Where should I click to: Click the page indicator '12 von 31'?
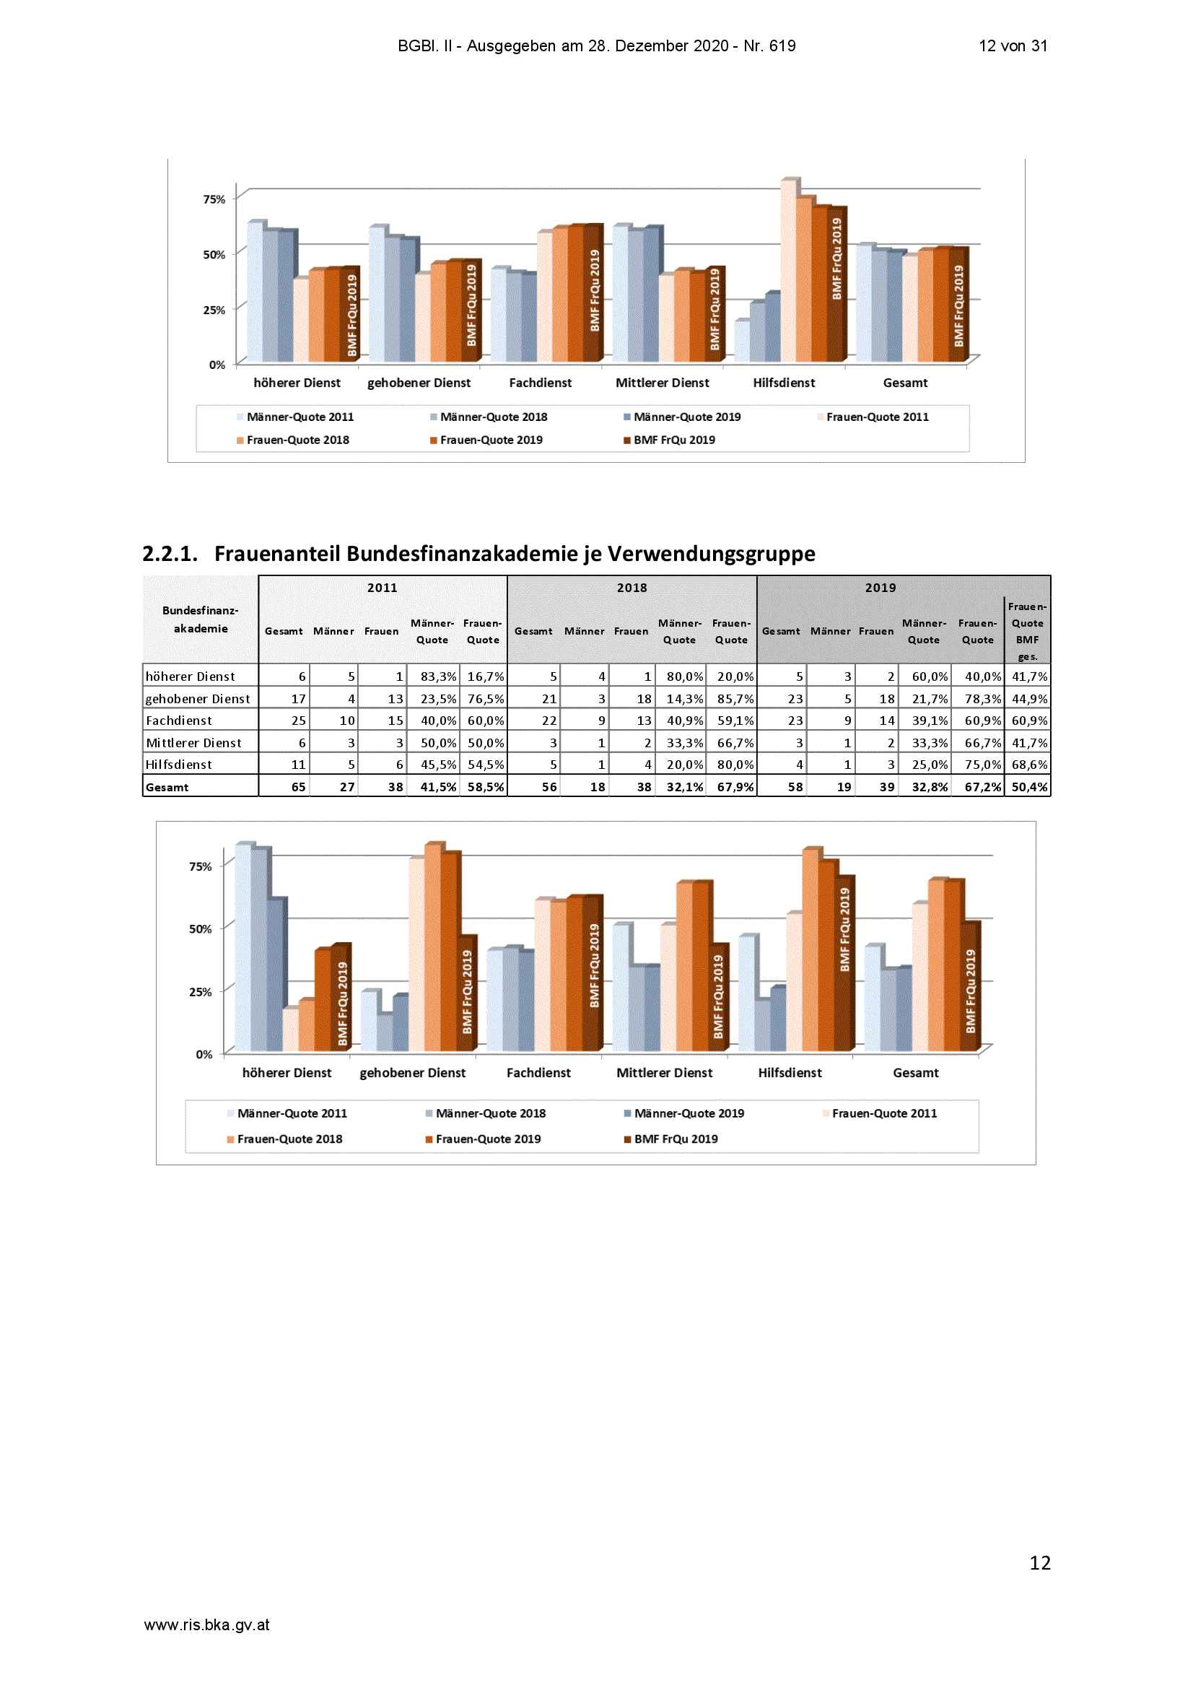point(1012,45)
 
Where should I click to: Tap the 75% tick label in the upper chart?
point(214,199)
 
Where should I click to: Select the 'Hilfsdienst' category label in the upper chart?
point(784,383)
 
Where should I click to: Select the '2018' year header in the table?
point(632,588)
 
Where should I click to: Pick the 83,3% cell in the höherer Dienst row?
point(438,676)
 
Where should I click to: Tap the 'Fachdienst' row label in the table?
point(178,721)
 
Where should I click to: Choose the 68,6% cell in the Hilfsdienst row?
point(1029,765)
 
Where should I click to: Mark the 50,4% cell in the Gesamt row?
point(1029,787)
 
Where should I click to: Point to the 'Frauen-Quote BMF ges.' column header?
point(1027,632)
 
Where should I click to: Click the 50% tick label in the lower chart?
point(200,928)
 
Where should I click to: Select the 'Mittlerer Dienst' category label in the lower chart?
point(664,1073)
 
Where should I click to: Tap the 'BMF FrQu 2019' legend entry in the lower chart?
point(670,1139)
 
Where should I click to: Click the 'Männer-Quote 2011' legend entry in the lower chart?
point(287,1113)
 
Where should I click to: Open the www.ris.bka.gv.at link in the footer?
point(206,1624)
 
